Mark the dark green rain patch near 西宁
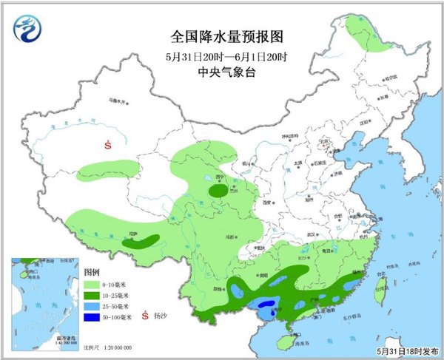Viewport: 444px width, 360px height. click(x=218, y=191)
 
